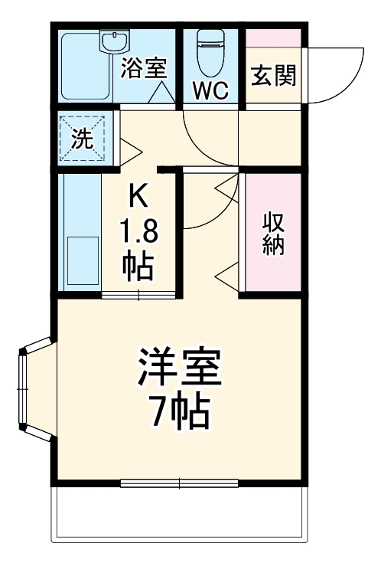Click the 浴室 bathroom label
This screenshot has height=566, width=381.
pyautogui.click(x=142, y=67)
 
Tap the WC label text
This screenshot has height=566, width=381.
pyautogui.click(x=210, y=91)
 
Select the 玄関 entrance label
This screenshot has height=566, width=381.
pyautogui.click(x=273, y=77)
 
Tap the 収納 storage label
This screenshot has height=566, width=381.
pyautogui.click(x=274, y=234)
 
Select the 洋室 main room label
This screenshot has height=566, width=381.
pyautogui.click(x=179, y=370)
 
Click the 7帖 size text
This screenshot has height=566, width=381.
pyautogui.click(x=179, y=414)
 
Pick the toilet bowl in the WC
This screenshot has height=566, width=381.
pyautogui.click(x=209, y=52)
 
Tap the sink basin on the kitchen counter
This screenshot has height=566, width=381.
pyautogui.click(x=82, y=260)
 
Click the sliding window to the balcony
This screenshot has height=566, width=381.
pyautogui.click(x=179, y=483)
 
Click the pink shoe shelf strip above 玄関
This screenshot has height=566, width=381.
pyautogui.click(x=273, y=37)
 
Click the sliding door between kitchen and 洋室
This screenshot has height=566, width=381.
pyautogui.click(x=138, y=295)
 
